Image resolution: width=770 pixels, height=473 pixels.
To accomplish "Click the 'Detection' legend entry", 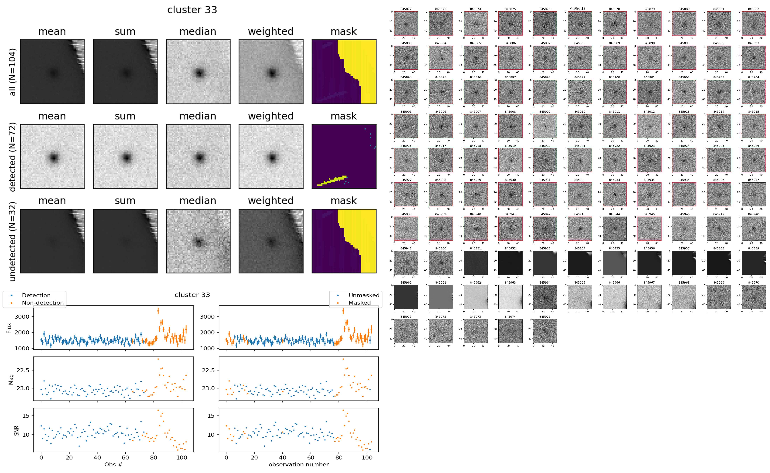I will [36, 295].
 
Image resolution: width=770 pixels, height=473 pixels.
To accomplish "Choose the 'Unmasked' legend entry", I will [364, 295].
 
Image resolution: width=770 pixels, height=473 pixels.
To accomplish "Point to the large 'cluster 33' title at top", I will [192, 10].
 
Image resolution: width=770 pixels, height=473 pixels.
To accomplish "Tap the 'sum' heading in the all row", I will [125, 32].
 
